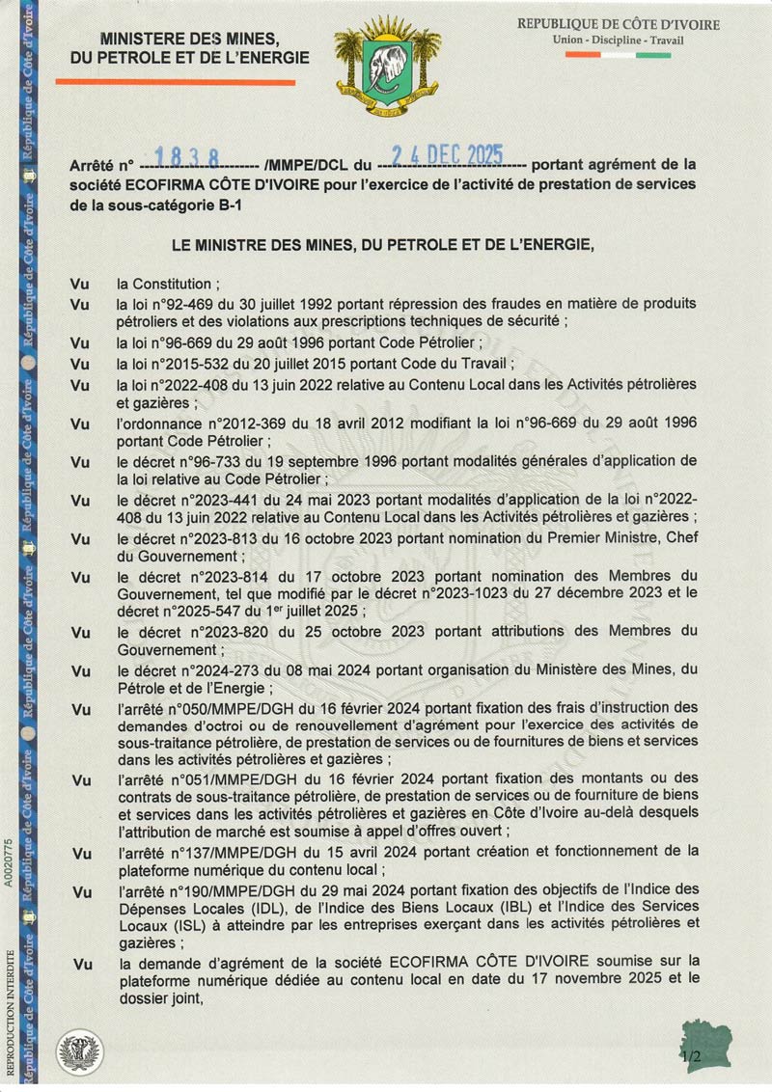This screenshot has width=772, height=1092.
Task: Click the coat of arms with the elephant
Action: coord(387,65)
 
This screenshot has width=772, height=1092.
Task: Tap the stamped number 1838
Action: coord(186,157)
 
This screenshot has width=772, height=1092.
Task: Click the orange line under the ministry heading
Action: coord(175,83)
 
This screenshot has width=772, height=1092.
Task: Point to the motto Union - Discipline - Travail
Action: coord(618,41)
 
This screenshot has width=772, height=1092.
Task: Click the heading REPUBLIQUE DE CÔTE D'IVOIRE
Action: coord(618,24)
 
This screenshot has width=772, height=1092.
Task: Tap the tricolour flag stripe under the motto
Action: coord(618,55)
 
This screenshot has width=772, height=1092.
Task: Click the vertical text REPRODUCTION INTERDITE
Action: coord(10,1012)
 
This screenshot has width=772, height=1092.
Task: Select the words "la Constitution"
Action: coord(163,284)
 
